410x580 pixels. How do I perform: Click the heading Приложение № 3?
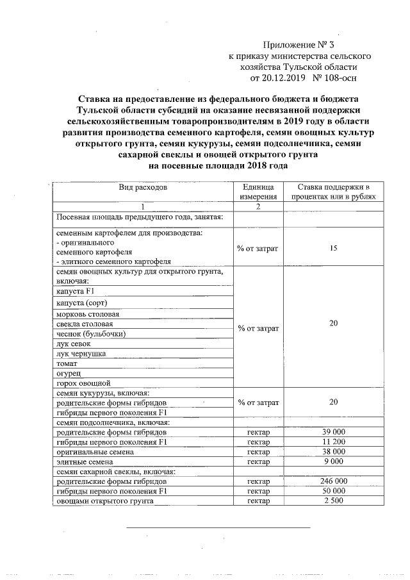(x=299, y=45)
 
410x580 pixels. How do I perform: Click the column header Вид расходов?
(x=142, y=187)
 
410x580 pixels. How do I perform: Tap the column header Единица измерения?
(x=258, y=192)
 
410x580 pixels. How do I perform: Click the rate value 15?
(x=333, y=247)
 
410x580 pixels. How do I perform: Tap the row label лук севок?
(x=74, y=344)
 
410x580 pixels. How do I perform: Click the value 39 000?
(x=333, y=433)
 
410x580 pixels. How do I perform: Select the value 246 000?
(x=333, y=481)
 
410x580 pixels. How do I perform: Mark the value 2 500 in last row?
(x=333, y=501)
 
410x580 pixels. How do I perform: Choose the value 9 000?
(x=333, y=461)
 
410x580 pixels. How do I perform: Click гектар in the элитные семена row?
(x=258, y=461)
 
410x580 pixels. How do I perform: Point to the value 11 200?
(x=333, y=442)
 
